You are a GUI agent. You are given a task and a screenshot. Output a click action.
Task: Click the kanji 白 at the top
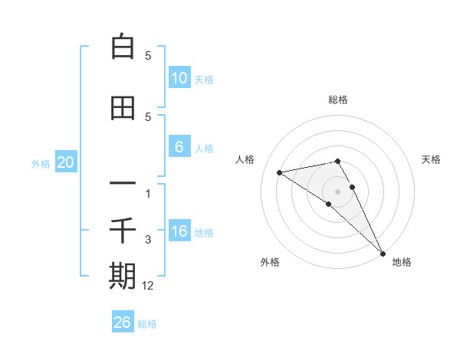(123, 47)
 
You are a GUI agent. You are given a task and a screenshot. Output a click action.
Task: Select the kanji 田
(123, 109)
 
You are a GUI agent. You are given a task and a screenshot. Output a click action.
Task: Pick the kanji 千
(123, 231)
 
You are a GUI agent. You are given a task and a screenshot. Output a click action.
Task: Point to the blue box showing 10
(179, 78)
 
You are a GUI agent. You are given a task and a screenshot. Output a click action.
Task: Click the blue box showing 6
(179, 147)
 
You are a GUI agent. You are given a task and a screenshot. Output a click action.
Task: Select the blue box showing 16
(179, 232)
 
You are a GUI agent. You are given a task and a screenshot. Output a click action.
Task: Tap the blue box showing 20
(65, 162)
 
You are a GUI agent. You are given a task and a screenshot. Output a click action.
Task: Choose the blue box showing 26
(123, 322)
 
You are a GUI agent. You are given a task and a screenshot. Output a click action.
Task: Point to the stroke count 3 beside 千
(149, 241)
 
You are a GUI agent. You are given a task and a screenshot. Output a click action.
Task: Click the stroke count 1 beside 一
(149, 193)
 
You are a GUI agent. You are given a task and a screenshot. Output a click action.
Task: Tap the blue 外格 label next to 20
(41, 163)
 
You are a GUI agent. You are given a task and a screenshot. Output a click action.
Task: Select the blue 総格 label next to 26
(147, 323)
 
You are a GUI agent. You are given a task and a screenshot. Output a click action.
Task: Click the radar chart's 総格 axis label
(338, 100)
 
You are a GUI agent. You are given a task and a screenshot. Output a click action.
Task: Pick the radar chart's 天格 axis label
(432, 159)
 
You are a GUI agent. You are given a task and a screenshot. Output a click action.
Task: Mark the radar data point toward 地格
(382, 253)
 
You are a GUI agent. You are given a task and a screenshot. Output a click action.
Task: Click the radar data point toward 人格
(280, 172)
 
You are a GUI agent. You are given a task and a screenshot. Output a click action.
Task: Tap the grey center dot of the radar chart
(338, 191)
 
